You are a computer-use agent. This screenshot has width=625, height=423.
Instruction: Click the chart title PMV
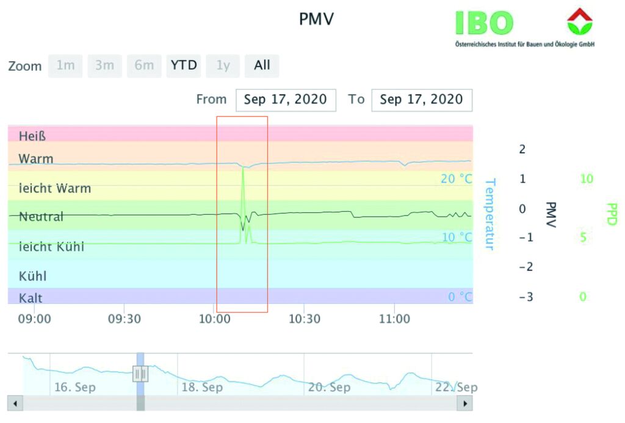click(x=316, y=20)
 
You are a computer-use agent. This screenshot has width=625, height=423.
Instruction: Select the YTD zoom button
click(x=184, y=65)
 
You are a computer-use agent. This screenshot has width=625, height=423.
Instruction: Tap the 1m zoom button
click(x=65, y=65)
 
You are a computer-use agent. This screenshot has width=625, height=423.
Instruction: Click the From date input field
click(x=285, y=99)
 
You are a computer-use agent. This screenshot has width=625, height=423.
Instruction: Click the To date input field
click(x=421, y=99)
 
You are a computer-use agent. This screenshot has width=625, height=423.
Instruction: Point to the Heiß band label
click(x=32, y=136)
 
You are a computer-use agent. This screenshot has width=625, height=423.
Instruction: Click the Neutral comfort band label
click(x=41, y=216)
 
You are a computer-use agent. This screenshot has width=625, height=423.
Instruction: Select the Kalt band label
click(x=31, y=298)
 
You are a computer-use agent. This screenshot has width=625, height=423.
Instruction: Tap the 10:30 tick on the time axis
click(x=304, y=319)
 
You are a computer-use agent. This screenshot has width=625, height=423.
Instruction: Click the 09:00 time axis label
click(x=34, y=319)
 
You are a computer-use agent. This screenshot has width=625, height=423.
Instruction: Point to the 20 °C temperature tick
click(x=457, y=179)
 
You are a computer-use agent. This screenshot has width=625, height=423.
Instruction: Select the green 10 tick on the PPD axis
click(x=586, y=179)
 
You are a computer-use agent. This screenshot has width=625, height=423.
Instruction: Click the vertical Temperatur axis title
click(x=489, y=214)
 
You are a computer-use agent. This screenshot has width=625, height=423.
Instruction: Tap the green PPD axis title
click(x=612, y=214)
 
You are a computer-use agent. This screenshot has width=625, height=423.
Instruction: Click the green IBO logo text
click(x=484, y=23)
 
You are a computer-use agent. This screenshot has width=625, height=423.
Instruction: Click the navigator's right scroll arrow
click(x=465, y=403)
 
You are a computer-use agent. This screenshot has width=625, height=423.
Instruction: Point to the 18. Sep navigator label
click(x=202, y=387)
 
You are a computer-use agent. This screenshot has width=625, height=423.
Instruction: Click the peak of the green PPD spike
click(x=243, y=167)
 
